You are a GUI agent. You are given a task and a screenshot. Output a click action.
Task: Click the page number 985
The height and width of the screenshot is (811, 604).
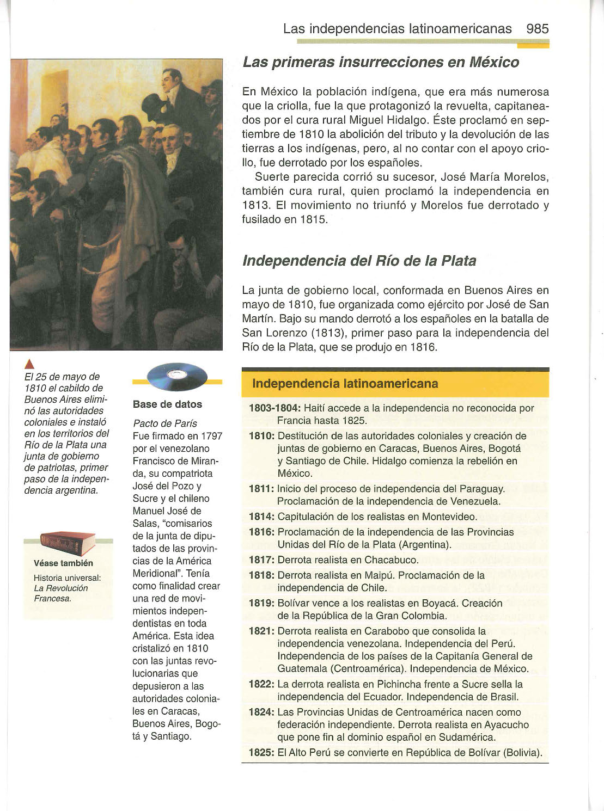coord(538,29)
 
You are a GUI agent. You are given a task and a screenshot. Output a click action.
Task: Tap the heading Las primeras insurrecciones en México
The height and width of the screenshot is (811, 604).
coord(381,63)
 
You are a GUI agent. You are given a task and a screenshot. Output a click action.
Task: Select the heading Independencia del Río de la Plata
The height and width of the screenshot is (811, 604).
coord(359,261)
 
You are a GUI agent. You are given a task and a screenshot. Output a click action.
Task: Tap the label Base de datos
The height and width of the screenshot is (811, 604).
coord(167,404)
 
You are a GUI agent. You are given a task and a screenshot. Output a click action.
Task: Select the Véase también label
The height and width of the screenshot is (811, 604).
coord(63,563)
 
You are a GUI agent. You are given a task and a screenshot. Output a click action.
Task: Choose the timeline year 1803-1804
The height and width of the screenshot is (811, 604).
coord(274,408)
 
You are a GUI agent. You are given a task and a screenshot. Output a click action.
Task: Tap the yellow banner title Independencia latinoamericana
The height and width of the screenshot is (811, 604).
coord(345,384)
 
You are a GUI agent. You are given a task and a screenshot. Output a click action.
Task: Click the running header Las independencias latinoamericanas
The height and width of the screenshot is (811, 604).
coord(397,29)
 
